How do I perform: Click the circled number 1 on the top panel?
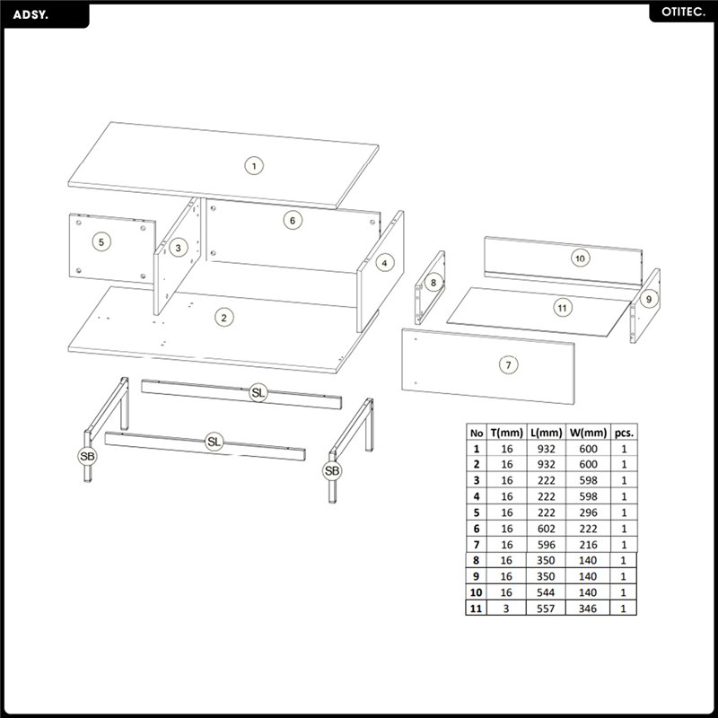(254, 166)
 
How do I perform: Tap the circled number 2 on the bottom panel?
(223, 318)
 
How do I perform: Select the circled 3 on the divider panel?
(178, 248)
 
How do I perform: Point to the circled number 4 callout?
(385, 263)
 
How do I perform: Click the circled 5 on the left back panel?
(101, 241)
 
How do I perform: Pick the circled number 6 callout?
(293, 221)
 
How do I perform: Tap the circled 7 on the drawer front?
(508, 365)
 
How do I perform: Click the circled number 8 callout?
(433, 282)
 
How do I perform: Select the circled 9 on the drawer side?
(648, 299)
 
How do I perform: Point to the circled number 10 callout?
(580, 258)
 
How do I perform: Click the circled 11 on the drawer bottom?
(563, 308)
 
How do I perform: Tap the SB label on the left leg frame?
(87, 456)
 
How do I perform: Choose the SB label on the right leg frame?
(332, 470)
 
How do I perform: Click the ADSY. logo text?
(31, 14)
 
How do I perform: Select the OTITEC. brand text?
(683, 13)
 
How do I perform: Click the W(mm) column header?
(588, 433)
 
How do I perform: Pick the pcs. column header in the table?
(624, 433)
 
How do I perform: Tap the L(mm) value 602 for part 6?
(547, 529)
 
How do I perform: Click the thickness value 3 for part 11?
(506, 609)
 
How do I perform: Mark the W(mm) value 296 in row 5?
(588, 512)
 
